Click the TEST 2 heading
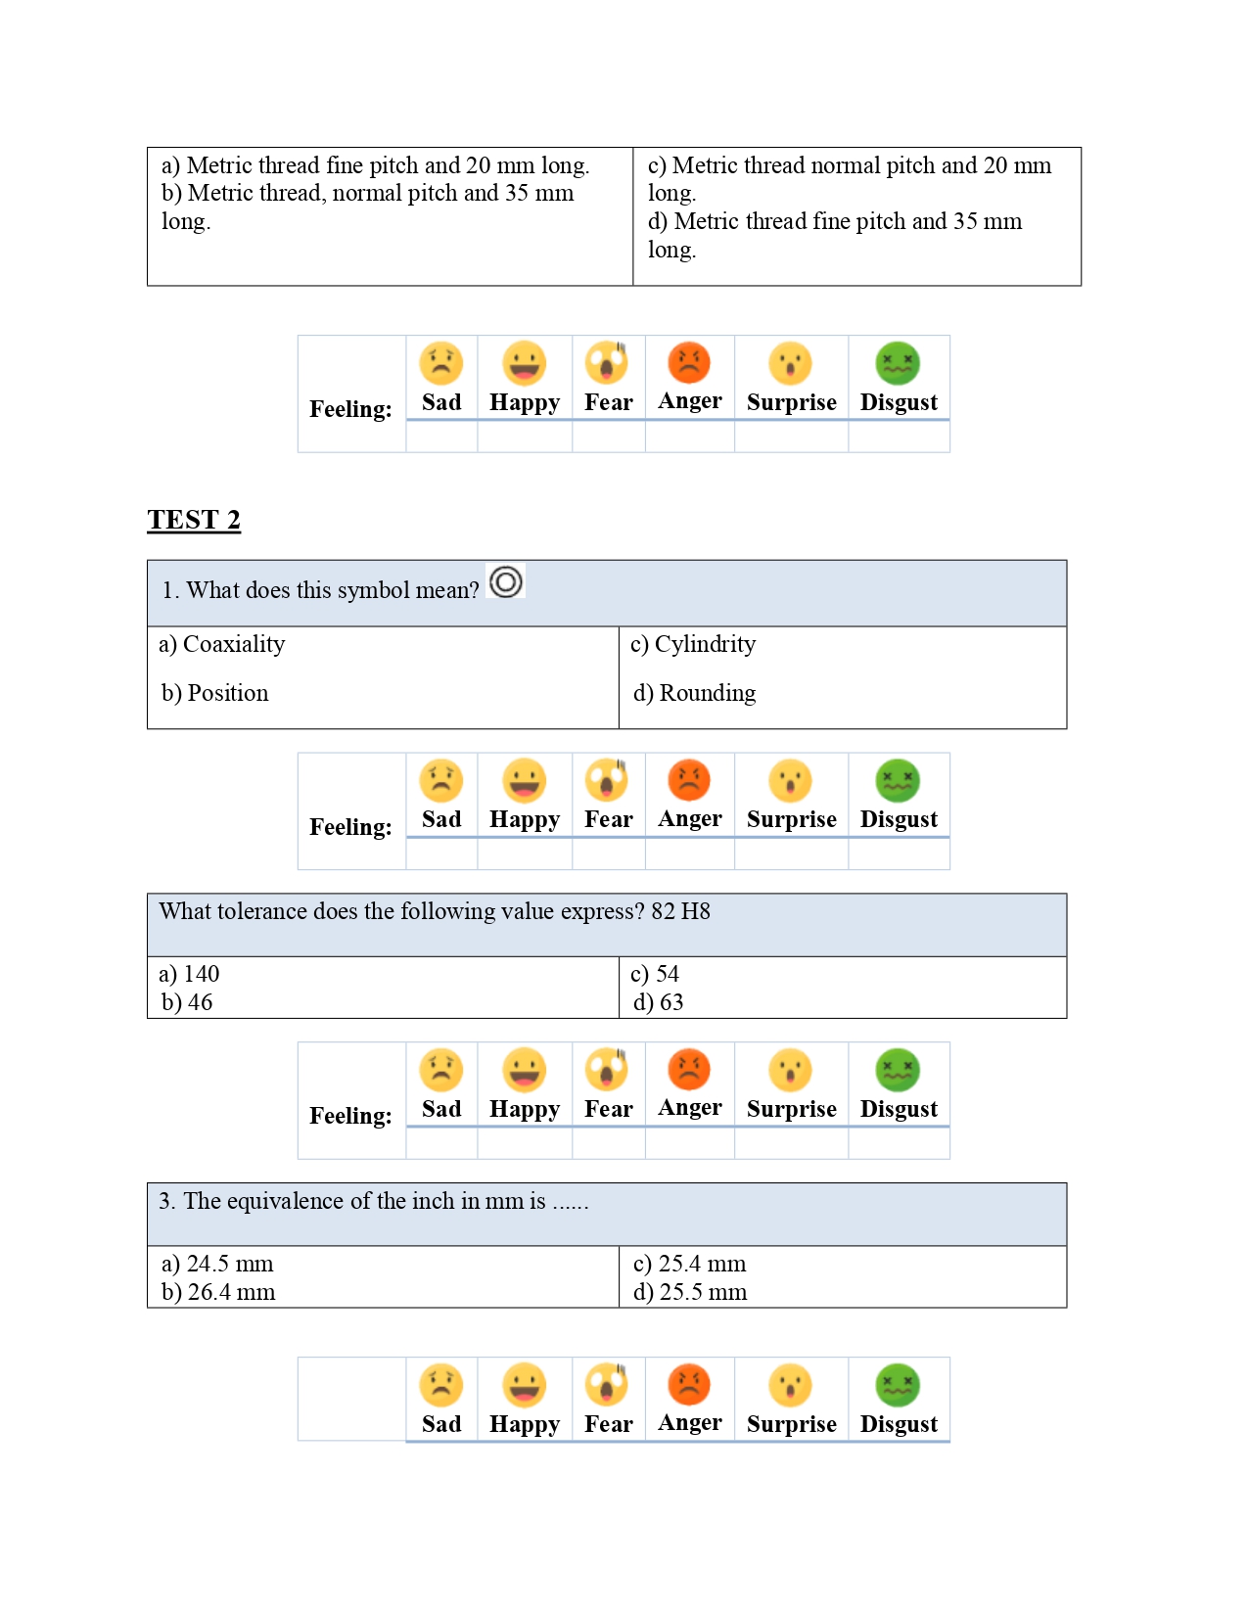point(194,520)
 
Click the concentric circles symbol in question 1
point(506,582)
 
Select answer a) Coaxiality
point(222,644)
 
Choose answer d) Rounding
point(694,693)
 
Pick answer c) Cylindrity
point(693,644)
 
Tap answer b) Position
point(214,693)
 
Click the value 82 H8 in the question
point(680,911)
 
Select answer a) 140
point(189,974)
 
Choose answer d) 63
point(658,1002)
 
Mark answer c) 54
point(655,974)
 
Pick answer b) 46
point(187,1002)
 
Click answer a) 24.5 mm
point(217,1264)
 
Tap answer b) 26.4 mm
point(218,1292)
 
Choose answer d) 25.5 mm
point(690,1292)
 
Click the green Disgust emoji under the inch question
point(898,1385)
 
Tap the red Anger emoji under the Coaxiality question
point(689,780)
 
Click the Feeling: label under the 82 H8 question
point(350,1116)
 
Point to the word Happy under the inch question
point(525,1424)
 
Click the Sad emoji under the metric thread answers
point(441,363)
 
